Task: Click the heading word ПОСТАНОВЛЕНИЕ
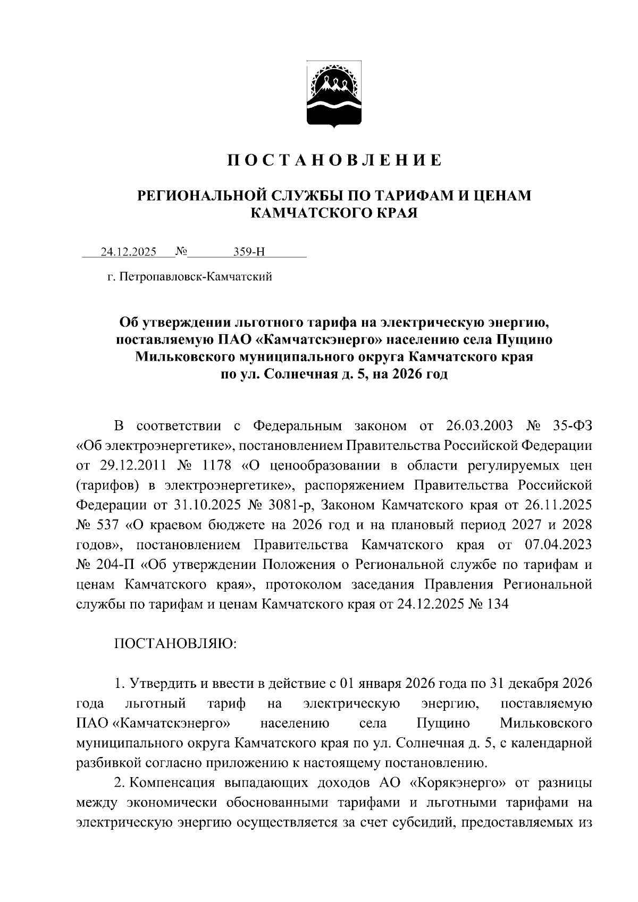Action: tap(334, 160)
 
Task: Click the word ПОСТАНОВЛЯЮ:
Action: tap(175, 644)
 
